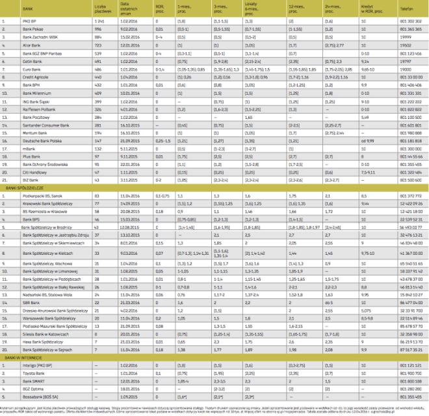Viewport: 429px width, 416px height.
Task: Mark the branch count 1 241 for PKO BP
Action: click(x=99, y=21)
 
